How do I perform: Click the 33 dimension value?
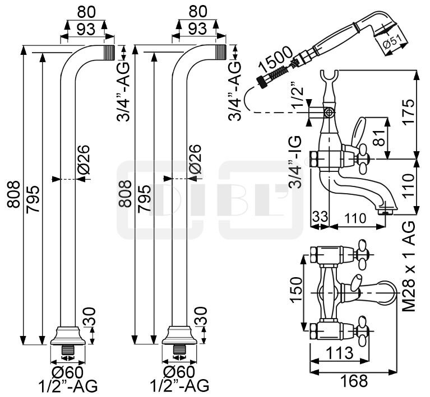320,216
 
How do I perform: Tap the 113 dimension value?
339,353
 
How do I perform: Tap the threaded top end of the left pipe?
108,52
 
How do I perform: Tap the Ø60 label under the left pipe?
68,372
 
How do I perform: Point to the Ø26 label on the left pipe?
83,159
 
